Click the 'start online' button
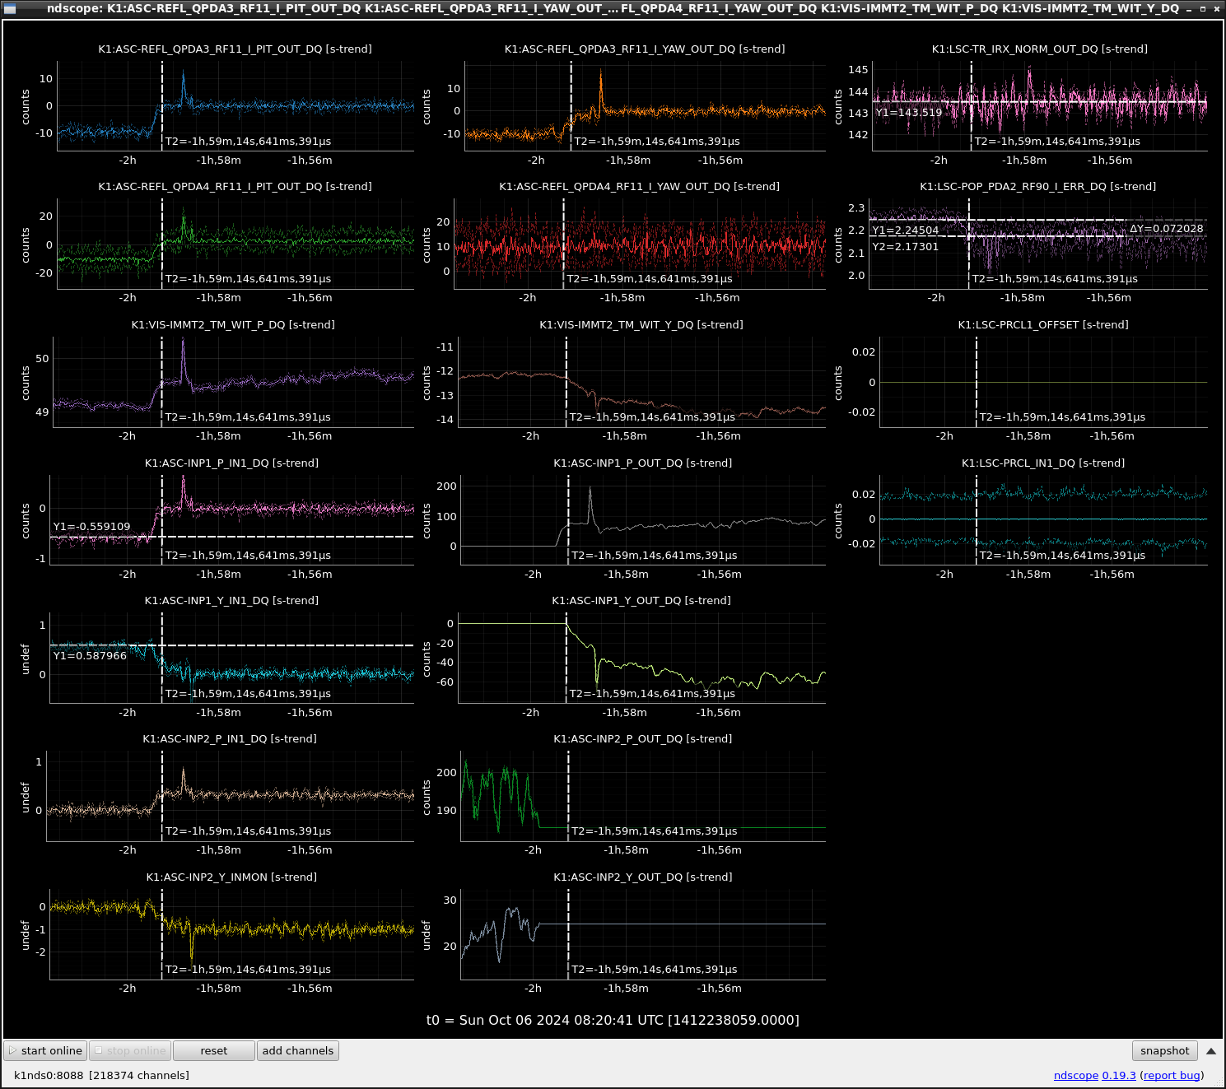45,1051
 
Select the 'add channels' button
298,1051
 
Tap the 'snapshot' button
1164,1051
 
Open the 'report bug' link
1172,1075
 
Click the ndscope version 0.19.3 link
1118,1075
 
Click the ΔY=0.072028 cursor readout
1166,229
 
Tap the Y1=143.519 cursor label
909,113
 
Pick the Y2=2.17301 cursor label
905,247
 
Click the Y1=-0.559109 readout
92,527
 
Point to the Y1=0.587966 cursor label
91,656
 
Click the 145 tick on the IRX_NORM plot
858,70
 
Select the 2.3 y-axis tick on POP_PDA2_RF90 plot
857,208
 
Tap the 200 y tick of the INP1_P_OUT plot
446,486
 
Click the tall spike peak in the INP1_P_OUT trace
590,487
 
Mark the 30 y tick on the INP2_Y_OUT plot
450,901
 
